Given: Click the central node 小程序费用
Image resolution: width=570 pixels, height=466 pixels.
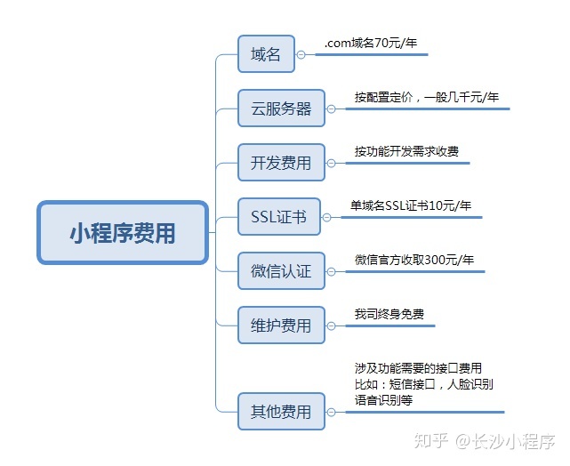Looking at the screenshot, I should pyautogui.click(x=123, y=233).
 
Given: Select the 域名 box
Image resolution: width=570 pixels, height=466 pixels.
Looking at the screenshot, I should pyautogui.click(x=265, y=54).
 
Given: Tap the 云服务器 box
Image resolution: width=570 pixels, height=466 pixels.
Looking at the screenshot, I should pyautogui.click(x=281, y=108).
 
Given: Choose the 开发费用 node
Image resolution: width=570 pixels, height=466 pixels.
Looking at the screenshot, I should pyautogui.click(x=281, y=163).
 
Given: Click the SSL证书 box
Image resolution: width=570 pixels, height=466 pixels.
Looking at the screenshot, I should pyautogui.click(x=278, y=216).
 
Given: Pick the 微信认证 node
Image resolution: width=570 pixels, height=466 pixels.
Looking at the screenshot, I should pyautogui.click(x=281, y=270).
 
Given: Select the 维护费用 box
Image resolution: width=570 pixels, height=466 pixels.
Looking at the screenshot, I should pyautogui.click(x=281, y=325).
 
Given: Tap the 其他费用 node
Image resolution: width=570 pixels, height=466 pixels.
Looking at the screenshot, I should pyautogui.click(x=281, y=411).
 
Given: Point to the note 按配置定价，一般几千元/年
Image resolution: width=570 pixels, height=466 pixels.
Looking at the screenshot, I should pyautogui.click(x=426, y=97).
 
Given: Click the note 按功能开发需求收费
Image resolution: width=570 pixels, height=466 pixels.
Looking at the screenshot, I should pyautogui.click(x=406, y=151).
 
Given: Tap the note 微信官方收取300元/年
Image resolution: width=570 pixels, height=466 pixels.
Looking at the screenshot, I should pyautogui.click(x=414, y=260).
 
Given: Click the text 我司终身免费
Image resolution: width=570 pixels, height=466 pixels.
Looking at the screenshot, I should pyautogui.click(x=389, y=314).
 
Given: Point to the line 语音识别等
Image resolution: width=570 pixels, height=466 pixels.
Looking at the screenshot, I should pyautogui.click(x=383, y=400).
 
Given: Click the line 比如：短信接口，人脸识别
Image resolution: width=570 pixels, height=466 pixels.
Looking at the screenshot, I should pyautogui.click(x=423, y=384).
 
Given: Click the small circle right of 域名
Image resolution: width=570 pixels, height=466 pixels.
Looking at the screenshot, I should pyautogui.click(x=301, y=54).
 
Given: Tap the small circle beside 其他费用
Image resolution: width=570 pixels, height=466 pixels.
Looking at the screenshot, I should pyautogui.click(x=332, y=412).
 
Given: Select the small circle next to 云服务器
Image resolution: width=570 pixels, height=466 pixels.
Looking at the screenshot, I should pyautogui.click(x=332, y=109).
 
